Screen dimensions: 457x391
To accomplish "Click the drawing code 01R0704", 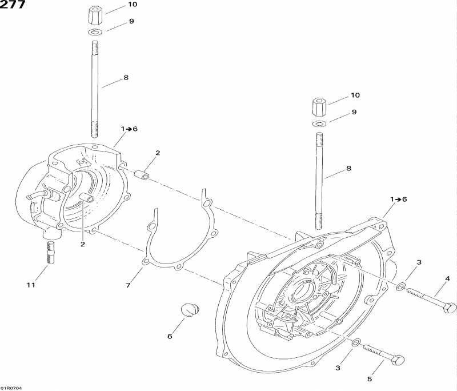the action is [x=9, y=387].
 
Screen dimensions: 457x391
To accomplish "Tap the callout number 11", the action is [x=31, y=285].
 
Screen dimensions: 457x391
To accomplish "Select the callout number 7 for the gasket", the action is [x=128, y=285].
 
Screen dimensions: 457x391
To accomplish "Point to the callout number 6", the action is [x=170, y=336].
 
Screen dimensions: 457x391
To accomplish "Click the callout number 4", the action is [x=447, y=279].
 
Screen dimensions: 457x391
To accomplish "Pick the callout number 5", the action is [x=370, y=379].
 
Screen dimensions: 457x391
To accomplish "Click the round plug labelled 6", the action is [x=190, y=310].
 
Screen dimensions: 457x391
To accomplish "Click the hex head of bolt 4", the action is [x=449, y=308].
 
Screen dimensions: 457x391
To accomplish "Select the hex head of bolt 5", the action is [x=397, y=360].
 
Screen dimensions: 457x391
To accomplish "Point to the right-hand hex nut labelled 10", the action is [x=319, y=108].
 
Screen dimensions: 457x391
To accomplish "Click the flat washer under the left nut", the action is [x=94, y=32].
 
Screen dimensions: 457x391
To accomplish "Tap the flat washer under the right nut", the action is [x=319, y=123].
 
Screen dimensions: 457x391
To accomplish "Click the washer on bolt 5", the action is [x=356, y=343].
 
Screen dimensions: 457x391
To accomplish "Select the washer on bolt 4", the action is [x=400, y=286].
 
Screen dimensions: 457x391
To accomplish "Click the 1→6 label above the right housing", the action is [x=398, y=200].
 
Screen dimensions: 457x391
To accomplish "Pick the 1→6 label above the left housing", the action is [x=129, y=129].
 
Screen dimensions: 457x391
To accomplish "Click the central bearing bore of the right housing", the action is [x=303, y=292].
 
